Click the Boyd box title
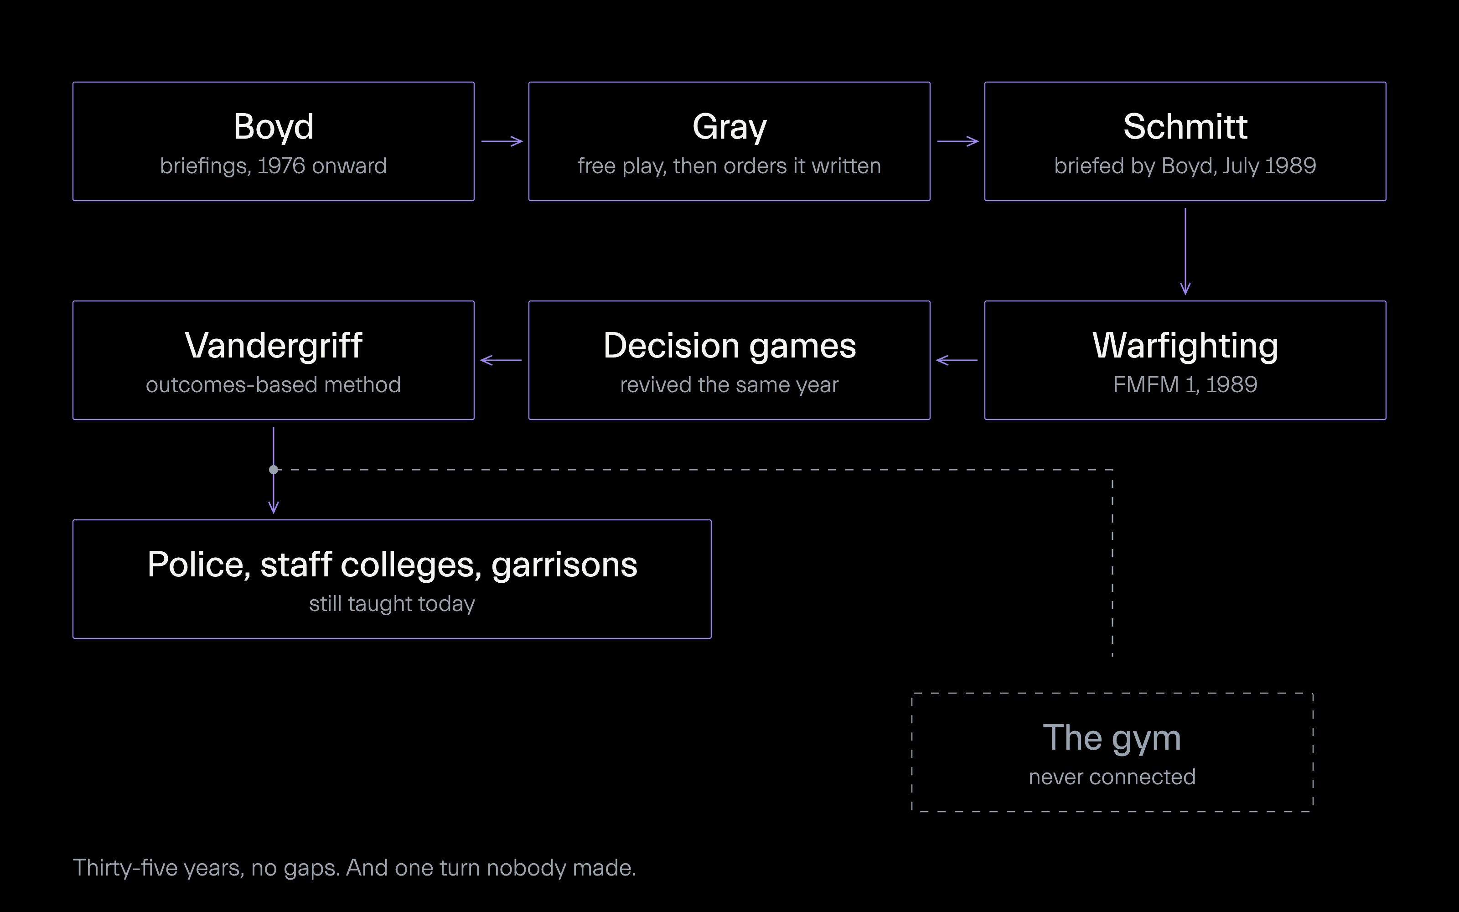(273, 128)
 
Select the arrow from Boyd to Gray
(502, 141)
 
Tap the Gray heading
(729, 128)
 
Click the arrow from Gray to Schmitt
(957, 141)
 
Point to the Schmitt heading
(1185, 127)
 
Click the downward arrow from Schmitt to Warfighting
(1185, 251)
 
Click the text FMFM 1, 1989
(1185, 385)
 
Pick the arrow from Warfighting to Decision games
(957, 360)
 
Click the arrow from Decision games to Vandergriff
(501, 360)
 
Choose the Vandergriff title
(273, 346)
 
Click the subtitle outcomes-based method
(273, 385)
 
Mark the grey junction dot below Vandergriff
(274, 469)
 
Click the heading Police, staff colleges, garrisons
(392, 565)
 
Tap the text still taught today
(392, 604)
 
